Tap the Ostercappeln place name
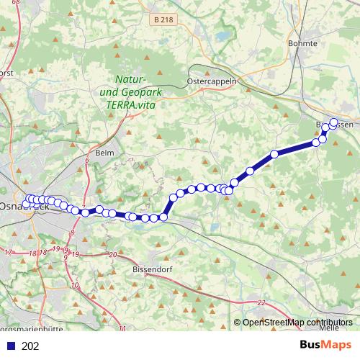[x=212, y=82]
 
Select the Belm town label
[x=105, y=153]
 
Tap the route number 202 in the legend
[x=30, y=346]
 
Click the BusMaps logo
[x=325, y=346]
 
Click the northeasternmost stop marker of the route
[x=333, y=122]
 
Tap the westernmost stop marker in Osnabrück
[x=26, y=204]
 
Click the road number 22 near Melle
[x=261, y=302]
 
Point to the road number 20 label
[x=112, y=255]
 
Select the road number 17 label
[x=9, y=253]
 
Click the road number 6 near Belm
[x=86, y=160]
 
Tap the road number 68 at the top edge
[x=17, y=3]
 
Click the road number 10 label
[x=76, y=286]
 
